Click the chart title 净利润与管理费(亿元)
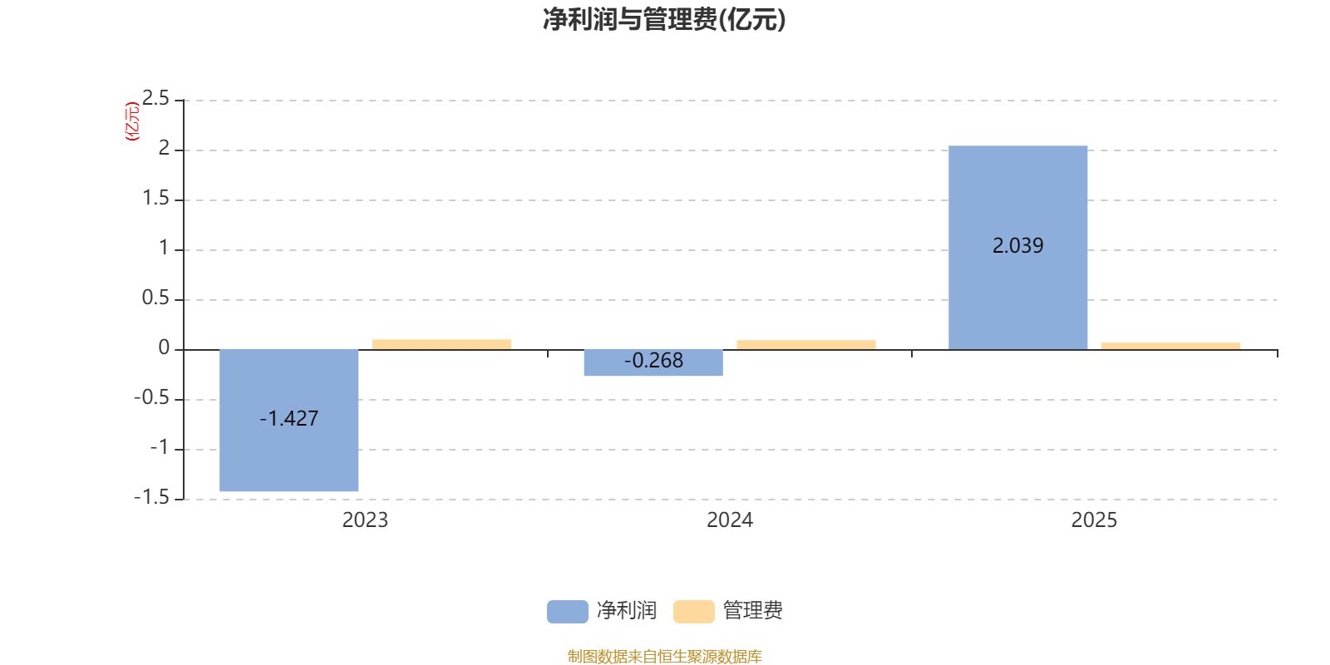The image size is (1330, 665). coord(664,19)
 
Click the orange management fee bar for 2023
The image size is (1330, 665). coord(441,344)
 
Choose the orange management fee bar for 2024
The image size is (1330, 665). coord(805,344)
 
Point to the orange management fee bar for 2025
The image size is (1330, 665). coord(1170,346)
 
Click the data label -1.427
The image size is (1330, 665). coord(288,418)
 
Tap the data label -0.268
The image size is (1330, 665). coord(653,360)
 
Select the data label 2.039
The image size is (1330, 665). coord(1017,245)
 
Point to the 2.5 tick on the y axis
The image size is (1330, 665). coord(155,99)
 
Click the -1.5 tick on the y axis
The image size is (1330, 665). coord(151,497)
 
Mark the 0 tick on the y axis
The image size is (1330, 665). coord(164,348)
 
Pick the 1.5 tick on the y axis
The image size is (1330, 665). coord(155,198)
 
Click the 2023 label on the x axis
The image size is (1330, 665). coord(365,520)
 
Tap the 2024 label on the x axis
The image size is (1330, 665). coord(729,520)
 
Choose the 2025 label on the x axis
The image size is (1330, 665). coord(1094,520)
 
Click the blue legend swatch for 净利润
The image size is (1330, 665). coord(567,611)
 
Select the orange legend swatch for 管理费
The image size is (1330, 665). coord(693,611)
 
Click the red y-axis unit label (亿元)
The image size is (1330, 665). coord(131,121)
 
